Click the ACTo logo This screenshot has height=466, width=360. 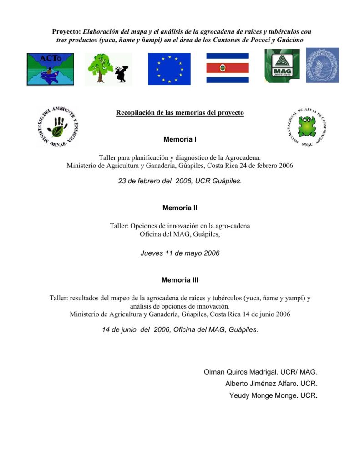(x=50, y=69)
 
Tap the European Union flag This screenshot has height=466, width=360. (x=169, y=69)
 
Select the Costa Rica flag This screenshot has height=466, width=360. (x=228, y=68)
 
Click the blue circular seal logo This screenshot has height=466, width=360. (x=322, y=65)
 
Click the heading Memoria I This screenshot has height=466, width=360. (x=180, y=139)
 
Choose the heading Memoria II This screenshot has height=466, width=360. (x=180, y=208)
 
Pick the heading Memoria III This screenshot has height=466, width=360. (x=180, y=280)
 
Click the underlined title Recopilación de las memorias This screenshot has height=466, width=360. (x=180, y=112)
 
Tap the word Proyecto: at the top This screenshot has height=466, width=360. (x=66, y=32)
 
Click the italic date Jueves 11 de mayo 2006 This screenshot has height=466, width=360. (x=180, y=253)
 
